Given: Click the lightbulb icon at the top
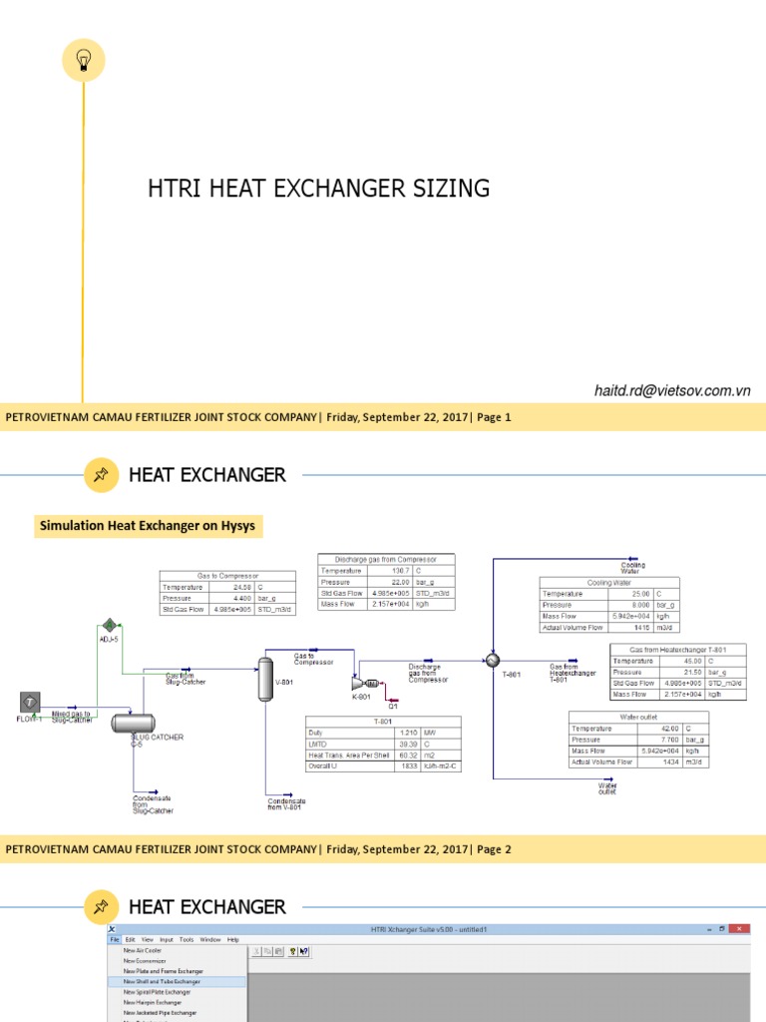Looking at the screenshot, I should point(84,61).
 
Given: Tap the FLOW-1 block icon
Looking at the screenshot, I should point(30,703).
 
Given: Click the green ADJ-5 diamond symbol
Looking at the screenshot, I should point(111,625).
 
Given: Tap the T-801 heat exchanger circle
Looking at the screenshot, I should point(492,660).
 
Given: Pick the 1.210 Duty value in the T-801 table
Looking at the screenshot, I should point(397,733).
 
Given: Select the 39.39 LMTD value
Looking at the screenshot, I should point(397,744).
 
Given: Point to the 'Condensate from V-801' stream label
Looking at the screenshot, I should point(287,803).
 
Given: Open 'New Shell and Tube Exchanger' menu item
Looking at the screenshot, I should point(162,981).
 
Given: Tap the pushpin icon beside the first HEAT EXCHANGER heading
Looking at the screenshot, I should point(100,475).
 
